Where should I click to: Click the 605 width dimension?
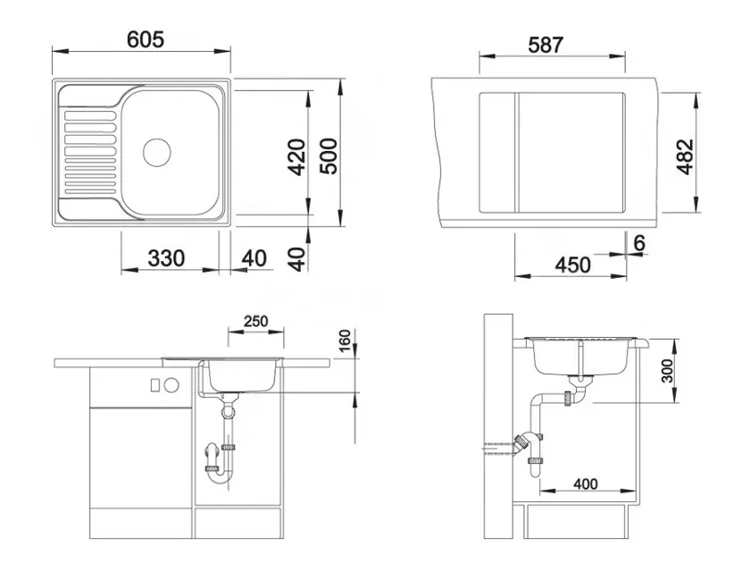coord(146,39)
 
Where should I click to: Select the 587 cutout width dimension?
coord(546,45)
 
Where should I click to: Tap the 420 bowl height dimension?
coord(296,157)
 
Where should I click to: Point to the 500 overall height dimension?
coord(329,156)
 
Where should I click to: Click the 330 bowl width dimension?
coord(166,258)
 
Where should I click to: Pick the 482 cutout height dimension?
coord(685,156)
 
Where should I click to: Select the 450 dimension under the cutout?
coord(573,265)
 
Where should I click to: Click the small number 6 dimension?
coord(639,243)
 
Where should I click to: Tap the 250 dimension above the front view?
coord(256,321)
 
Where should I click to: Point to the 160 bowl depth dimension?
coord(345,340)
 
